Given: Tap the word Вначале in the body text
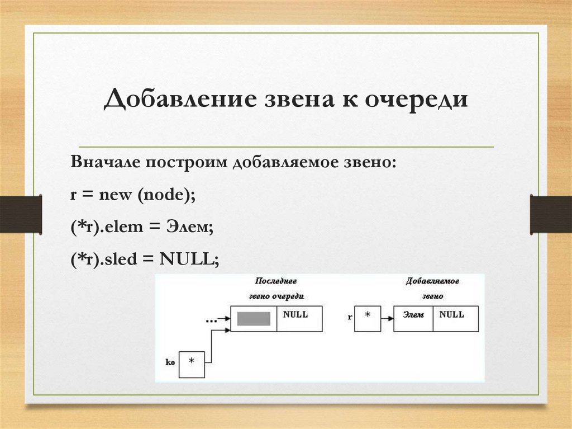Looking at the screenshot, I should click(x=104, y=163).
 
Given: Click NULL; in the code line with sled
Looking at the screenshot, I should click(x=189, y=258).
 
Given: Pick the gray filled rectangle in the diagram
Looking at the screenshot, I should click(x=254, y=319).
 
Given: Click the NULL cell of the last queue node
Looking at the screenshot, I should click(x=299, y=319).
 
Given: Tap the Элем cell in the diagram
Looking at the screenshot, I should click(x=413, y=319).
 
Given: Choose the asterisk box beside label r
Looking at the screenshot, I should click(x=367, y=318).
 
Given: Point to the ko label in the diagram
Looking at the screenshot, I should click(x=170, y=362).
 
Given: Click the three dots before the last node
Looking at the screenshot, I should click(x=211, y=321).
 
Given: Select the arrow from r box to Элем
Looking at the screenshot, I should click(x=387, y=318).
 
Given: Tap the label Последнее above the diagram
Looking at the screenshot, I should click(x=276, y=281).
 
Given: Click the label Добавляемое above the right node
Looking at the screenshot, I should click(x=432, y=281).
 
